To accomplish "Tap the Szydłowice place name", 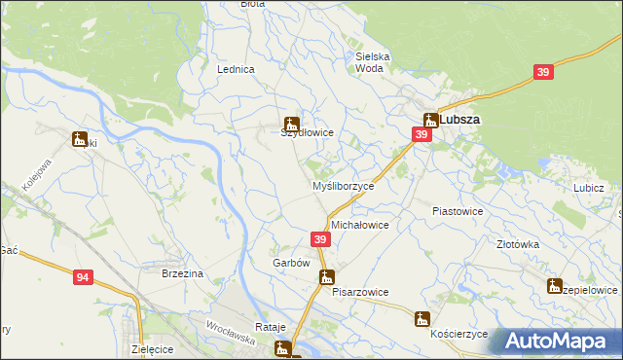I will (308, 133).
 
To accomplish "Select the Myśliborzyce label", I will (343, 186).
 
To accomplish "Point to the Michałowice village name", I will (360, 225).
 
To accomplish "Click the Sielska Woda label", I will (373, 62).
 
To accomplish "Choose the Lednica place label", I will (236, 70).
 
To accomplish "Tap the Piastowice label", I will (458, 210).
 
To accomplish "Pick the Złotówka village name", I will (518, 245).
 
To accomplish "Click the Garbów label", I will (290, 263).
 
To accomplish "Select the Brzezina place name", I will (182, 274).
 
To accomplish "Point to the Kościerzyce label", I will (458, 333).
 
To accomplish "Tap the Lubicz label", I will (589, 188).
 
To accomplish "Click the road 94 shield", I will (83, 278).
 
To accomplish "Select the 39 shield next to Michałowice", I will (320, 239).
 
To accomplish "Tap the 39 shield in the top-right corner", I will (544, 72).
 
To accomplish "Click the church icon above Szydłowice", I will (289, 123).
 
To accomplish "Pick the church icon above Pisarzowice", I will (328, 277).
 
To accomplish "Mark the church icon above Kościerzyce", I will (421, 318).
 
